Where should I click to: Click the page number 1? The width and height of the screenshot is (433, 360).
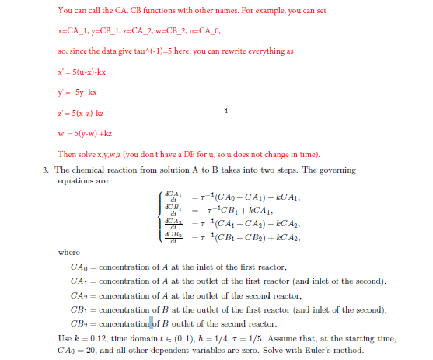click(226, 112)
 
